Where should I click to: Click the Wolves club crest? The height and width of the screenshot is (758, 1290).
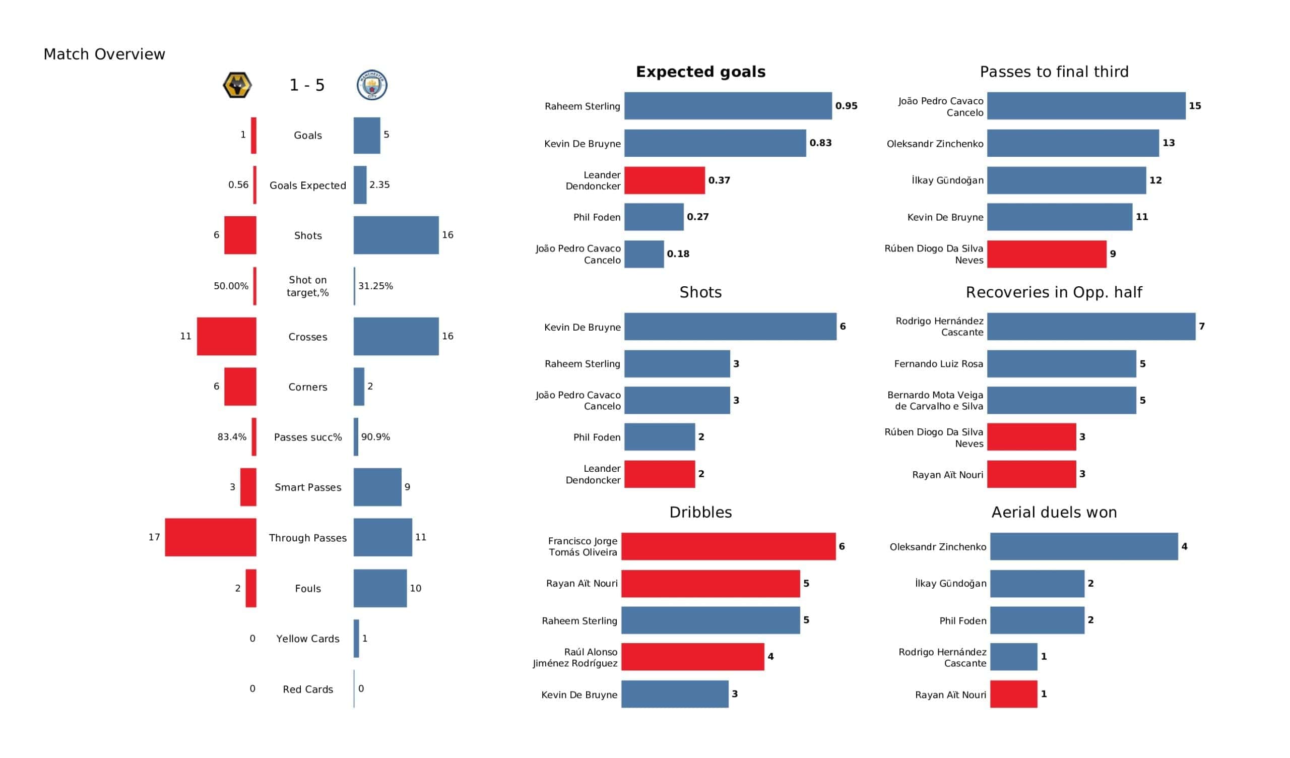pyautogui.click(x=237, y=85)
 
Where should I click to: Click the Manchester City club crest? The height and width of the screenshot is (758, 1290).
pyautogui.click(x=372, y=85)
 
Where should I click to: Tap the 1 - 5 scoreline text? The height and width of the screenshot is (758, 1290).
pyautogui.click(x=307, y=85)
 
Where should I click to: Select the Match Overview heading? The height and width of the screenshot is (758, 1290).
pyautogui.click(x=104, y=54)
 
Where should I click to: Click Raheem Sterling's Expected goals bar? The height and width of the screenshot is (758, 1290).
pyautogui.click(x=728, y=106)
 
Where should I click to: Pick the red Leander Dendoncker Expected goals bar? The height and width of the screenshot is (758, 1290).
pyautogui.click(x=665, y=180)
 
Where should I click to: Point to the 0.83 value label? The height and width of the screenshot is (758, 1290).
pyautogui.click(x=820, y=143)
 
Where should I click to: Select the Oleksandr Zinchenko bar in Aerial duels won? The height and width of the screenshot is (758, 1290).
pyautogui.click(x=1083, y=546)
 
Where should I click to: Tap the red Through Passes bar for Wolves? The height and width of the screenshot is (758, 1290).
pyautogui.click(x=211, y=537)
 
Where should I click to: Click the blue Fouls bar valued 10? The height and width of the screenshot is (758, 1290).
pyautogui.click(x=380, y=588)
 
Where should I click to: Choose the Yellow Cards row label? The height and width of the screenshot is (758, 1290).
pyautogui.click(x=308, y=639)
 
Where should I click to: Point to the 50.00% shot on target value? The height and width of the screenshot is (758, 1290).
pyautogui.click(x=231, y=286)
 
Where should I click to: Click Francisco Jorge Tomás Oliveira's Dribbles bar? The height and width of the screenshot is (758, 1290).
pyautogui.click(x=728, y=546)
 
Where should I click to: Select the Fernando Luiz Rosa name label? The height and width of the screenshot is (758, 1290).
pyautogui.click(x=938, y=364)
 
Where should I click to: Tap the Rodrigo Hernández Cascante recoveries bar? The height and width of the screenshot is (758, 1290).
pyautogui.click(x=1091, y=326)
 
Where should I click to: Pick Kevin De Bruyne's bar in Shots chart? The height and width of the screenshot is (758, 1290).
pyautogui.click(x=730, y=326)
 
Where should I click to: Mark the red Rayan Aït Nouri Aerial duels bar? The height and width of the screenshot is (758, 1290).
pyautogui.click(x=1013, y=694)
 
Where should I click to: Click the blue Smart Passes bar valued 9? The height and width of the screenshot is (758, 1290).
pyautogui.click(x=377, y=487)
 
